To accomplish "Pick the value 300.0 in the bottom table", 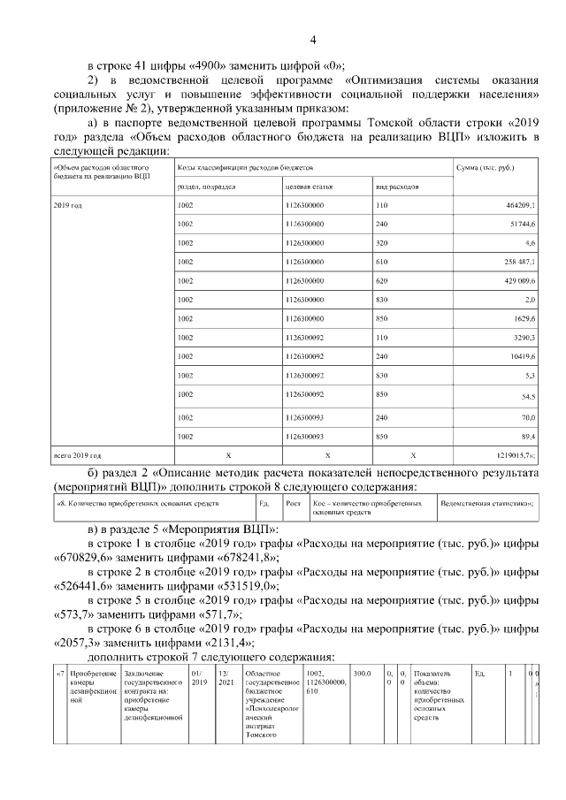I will point(363,674).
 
